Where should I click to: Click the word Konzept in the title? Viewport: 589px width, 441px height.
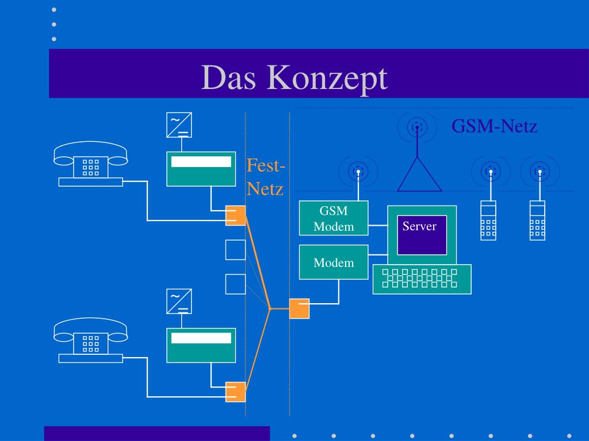(327, 78)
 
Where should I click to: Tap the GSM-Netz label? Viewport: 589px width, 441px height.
(494, 126)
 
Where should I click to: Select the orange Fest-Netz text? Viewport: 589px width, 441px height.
(266, 177)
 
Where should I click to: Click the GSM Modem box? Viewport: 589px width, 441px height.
(334, 218)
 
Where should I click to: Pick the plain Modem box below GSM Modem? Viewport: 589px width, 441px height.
(334, 262)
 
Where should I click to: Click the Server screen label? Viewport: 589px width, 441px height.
(419, 226)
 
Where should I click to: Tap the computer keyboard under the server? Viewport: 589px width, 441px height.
(422, 279)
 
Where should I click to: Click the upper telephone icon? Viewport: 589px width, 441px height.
(90, 164)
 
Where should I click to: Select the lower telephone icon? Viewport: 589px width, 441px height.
(90, 340)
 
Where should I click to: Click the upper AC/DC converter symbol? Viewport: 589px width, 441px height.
(179, 125)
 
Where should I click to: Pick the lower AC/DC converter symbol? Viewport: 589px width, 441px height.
(179, 301)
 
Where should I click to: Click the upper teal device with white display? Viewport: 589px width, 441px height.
(201, 169)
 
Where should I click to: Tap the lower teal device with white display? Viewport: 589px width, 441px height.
(201, 345)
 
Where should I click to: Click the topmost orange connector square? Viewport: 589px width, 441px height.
(235, 215)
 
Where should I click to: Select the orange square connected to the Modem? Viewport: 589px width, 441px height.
(299, 308)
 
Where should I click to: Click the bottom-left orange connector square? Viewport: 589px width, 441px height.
(235, 392)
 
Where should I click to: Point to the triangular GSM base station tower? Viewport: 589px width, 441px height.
(419, 175)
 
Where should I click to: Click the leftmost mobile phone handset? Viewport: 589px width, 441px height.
(488, 220)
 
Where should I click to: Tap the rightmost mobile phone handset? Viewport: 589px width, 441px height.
(538, 220)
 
